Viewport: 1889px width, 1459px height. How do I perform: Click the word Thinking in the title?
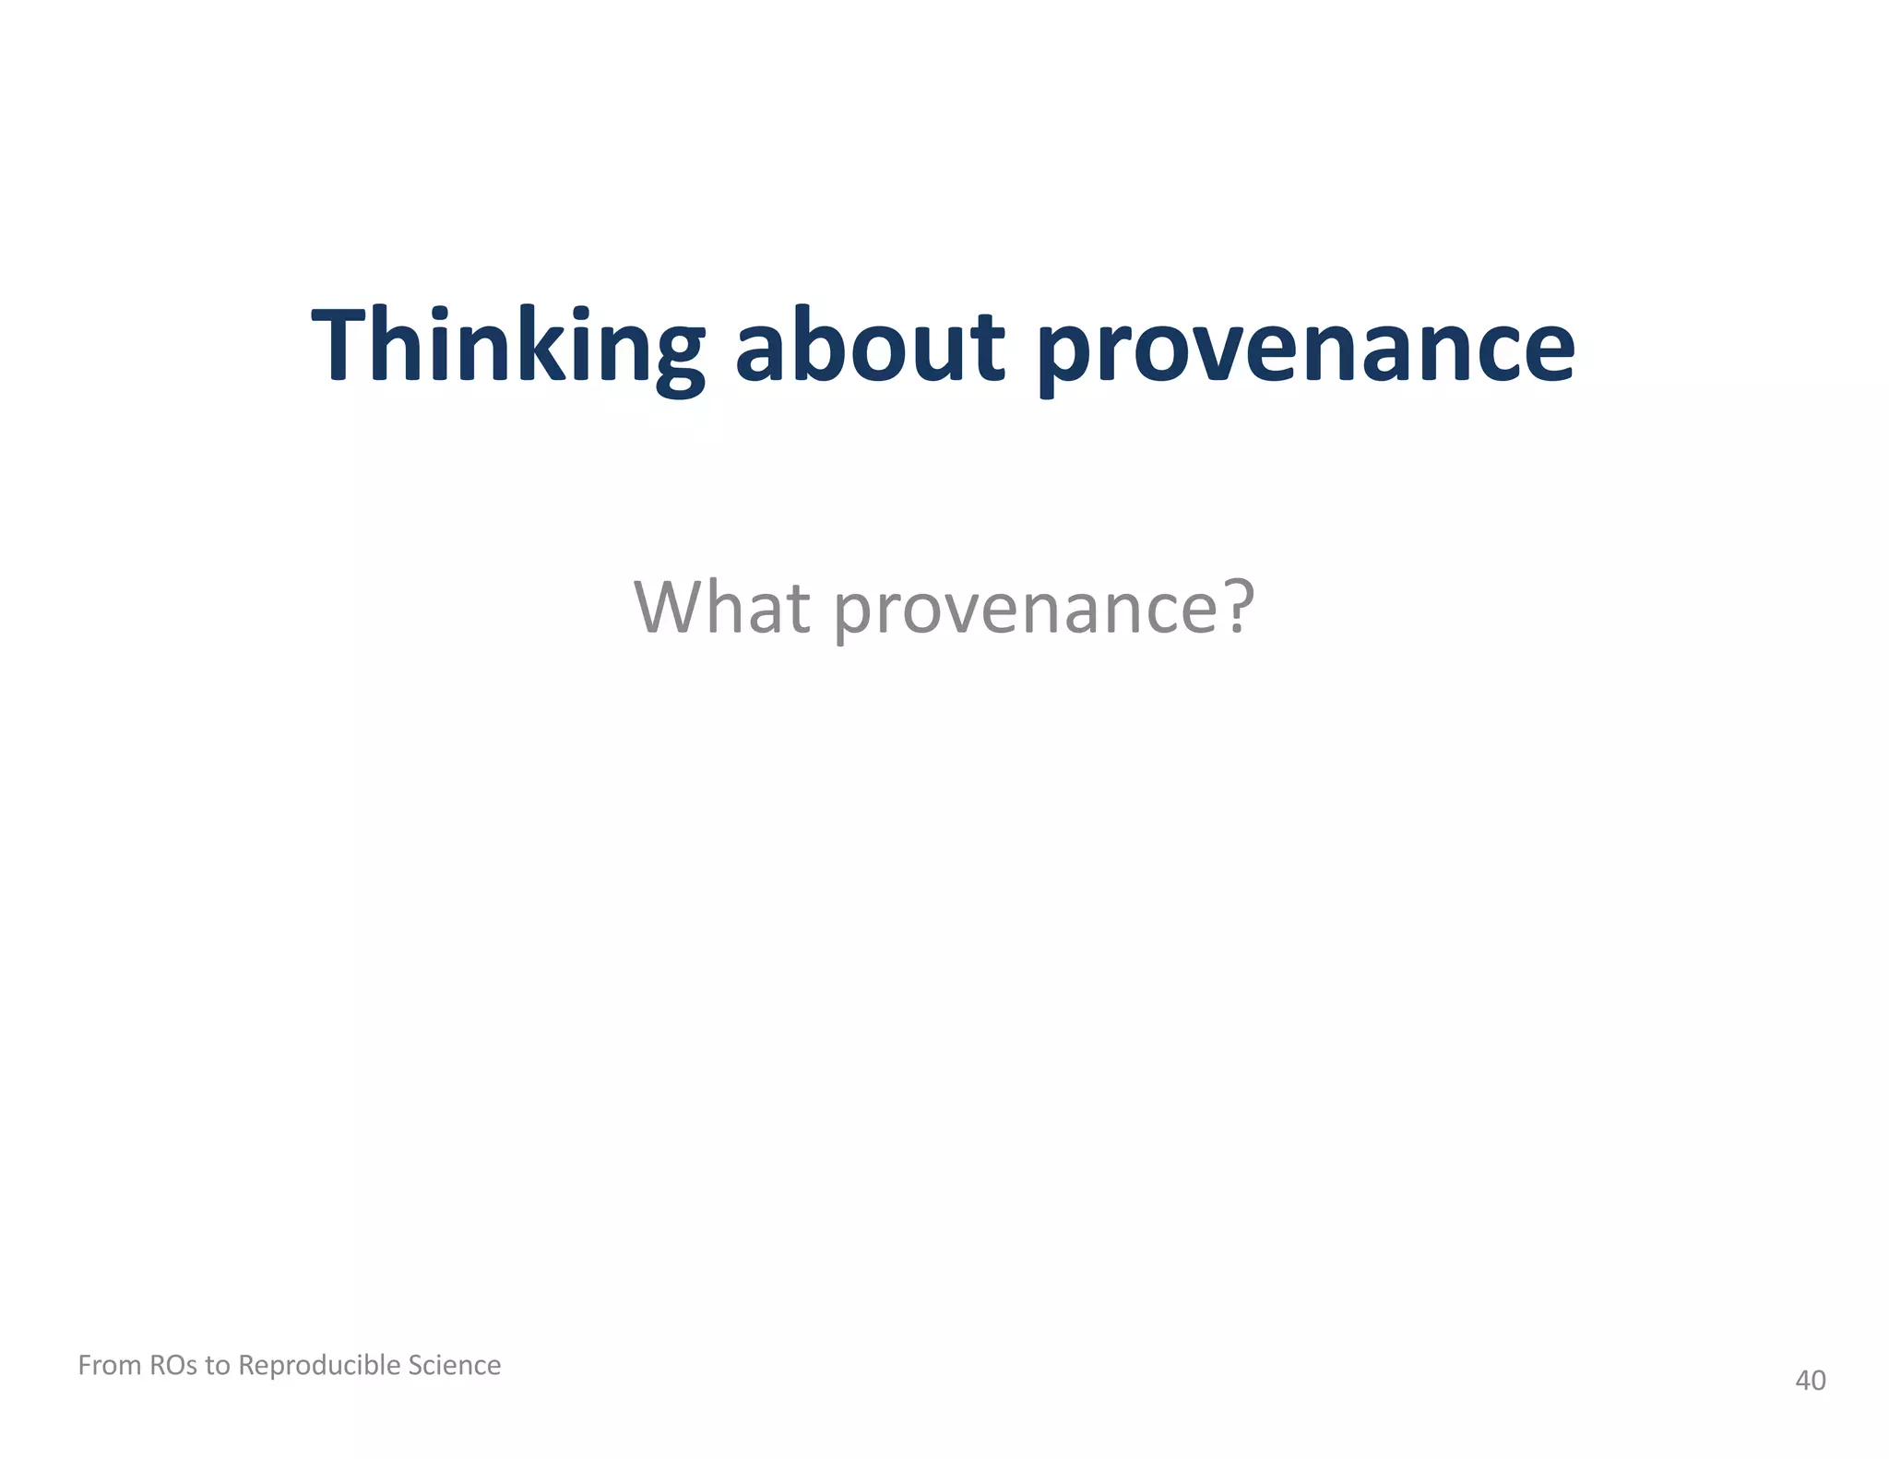click(508, 348)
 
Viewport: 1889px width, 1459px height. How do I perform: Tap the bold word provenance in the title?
click(1306, 350)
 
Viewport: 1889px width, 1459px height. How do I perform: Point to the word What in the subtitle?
click(722, 608)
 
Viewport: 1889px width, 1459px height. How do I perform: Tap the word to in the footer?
click(218, 1365)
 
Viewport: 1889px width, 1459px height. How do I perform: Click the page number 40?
click(1810, 1381)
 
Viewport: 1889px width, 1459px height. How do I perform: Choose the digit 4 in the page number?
click(1802, 1381)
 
